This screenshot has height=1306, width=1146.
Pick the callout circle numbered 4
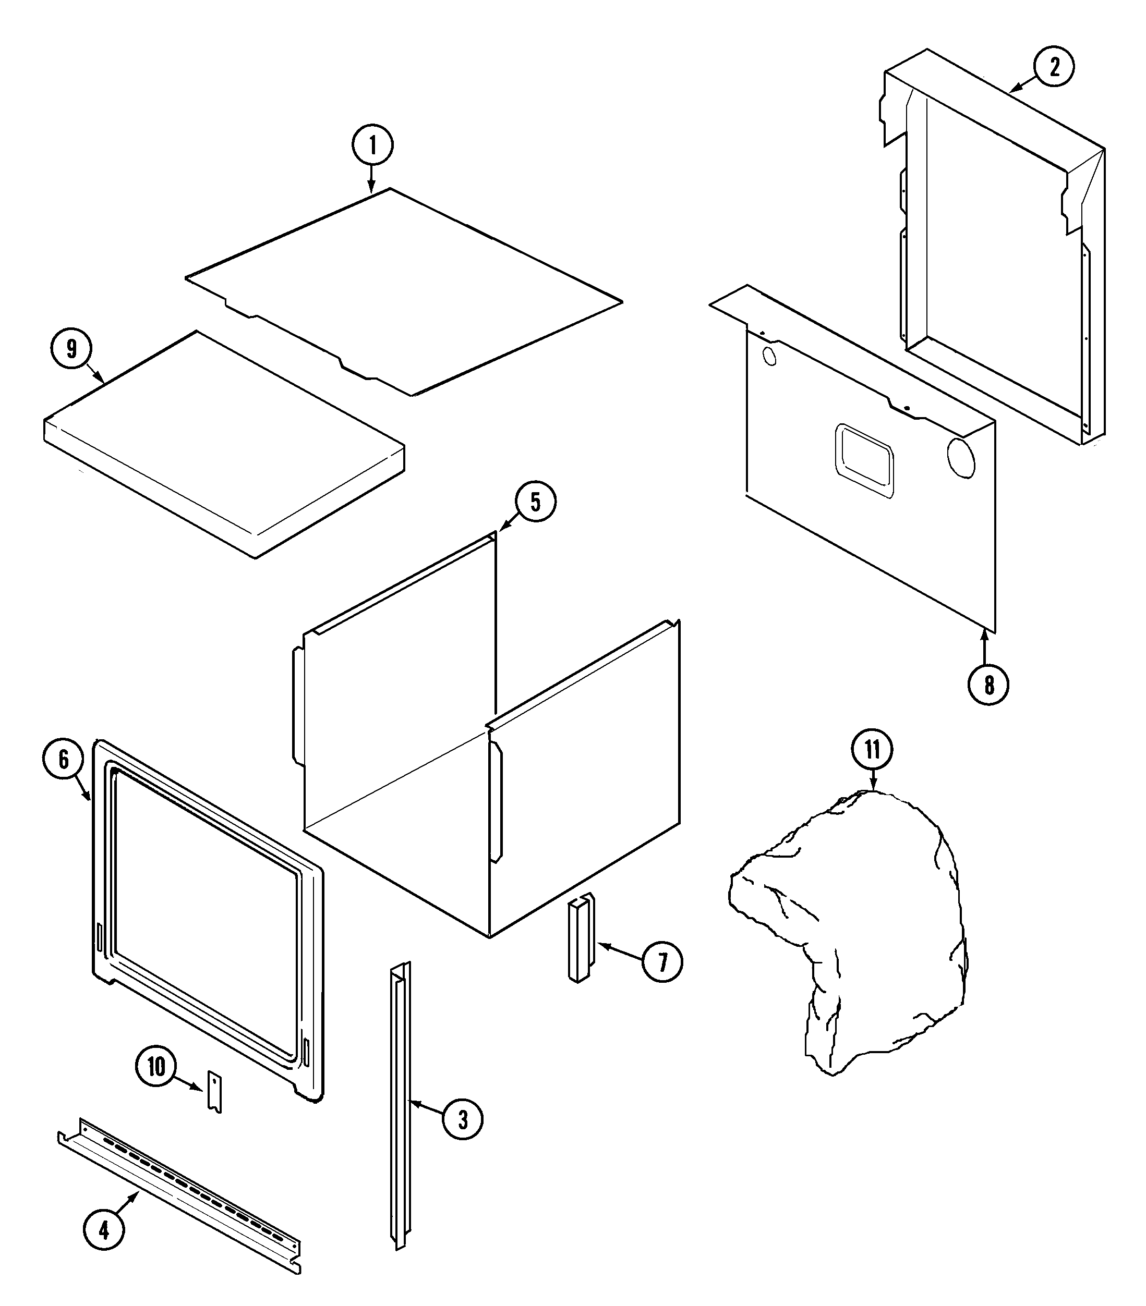click(x=104, y=1229)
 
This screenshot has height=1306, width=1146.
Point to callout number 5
click(x=536, y=502)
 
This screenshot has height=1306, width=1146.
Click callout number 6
click(x=63, y=759)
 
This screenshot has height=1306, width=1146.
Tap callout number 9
click(x=71, y=348)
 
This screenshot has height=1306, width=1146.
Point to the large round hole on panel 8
click(x=961, y=457)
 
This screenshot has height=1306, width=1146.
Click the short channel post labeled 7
click(x=581, y=938)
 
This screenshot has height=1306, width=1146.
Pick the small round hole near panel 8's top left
click(x=770, y=356)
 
